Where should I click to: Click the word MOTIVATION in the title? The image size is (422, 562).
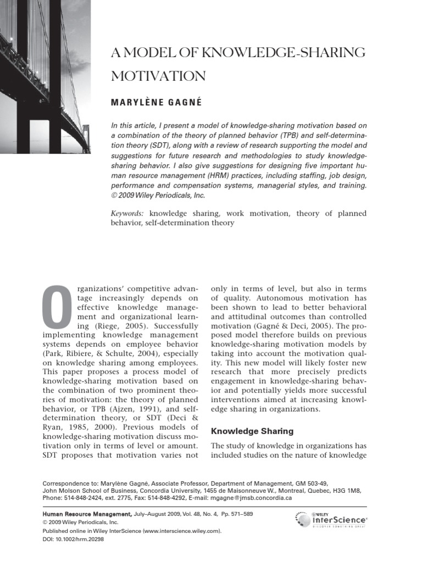[158, 76]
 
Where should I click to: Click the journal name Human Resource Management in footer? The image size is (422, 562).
[87, 513]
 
